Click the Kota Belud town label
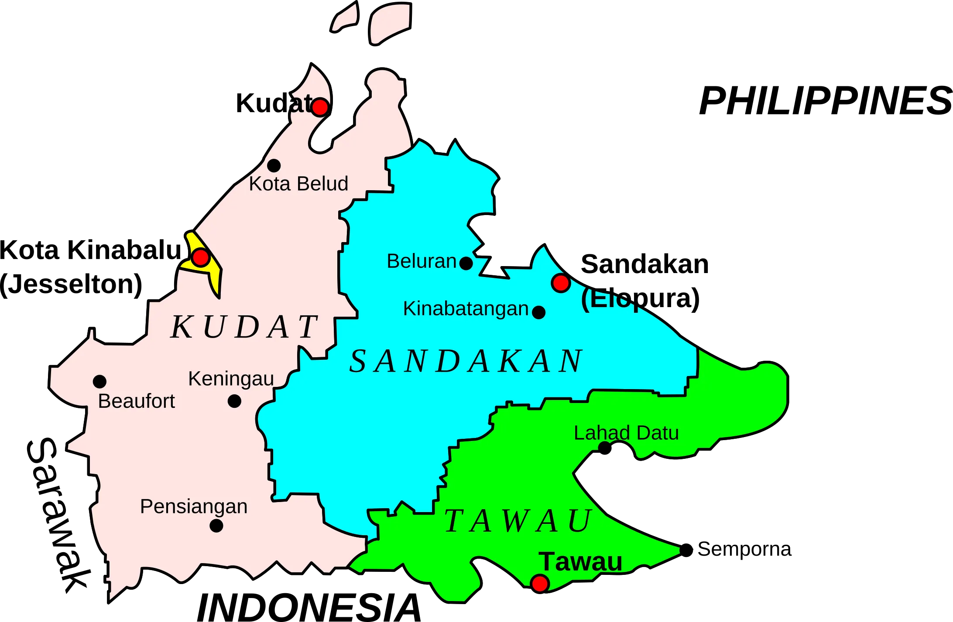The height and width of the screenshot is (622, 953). (298, 184)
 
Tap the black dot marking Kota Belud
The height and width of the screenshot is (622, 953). (274, 166)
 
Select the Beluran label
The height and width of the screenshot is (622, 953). (422, 261)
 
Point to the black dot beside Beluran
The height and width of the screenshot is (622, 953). (466, 263)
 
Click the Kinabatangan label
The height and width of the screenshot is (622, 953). (466, 309)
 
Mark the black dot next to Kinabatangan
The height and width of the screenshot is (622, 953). (539, 312)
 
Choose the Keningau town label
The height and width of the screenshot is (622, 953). (231, 379)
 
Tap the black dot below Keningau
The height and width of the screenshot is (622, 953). (234, 401)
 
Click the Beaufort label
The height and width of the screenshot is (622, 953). (136, 401)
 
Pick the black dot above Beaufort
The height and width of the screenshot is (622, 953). (99, 382)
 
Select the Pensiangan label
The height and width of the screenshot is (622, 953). (194, 506)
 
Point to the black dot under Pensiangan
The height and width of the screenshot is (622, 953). (216, 526)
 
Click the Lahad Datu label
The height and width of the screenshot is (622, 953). (626, 433)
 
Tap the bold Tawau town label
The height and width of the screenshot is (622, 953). (580, 562)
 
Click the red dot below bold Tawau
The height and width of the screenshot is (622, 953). (540, 583)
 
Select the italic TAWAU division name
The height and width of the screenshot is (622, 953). (518, 521)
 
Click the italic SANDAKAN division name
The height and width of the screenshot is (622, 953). (466, 362)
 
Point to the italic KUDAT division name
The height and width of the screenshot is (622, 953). (244, 327)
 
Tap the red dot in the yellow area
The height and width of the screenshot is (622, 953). (201, 257)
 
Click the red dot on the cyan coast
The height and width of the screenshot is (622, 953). (561, 283)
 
